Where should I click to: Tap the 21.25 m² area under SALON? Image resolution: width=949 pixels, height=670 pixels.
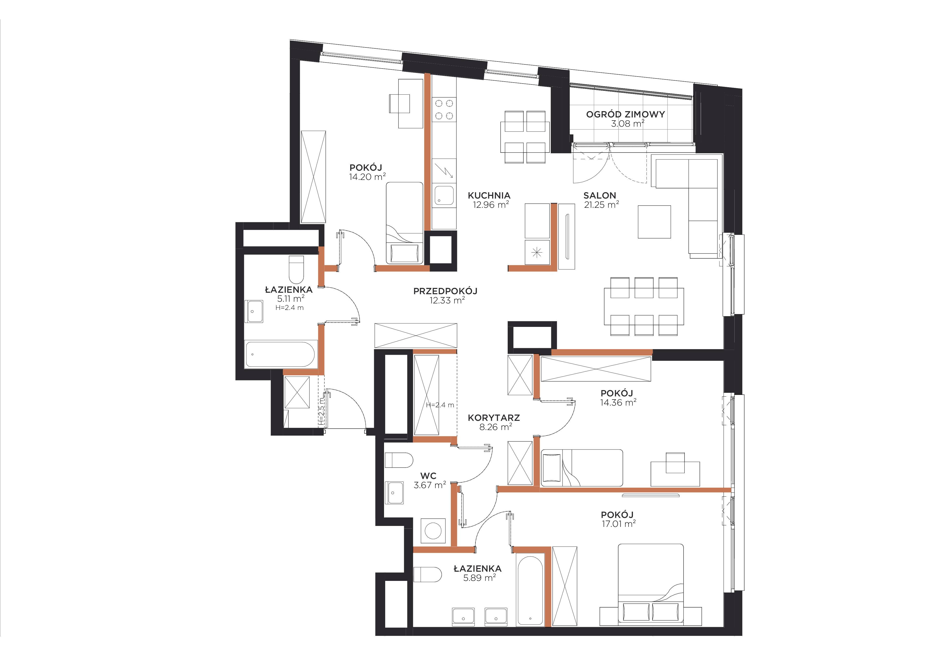(x=601, y=205)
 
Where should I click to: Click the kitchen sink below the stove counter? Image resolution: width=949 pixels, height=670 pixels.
(x=444, y=196)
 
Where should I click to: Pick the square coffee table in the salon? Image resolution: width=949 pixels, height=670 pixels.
(x=654, y=222)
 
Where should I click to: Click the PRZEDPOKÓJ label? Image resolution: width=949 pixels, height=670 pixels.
(x=445, y=291)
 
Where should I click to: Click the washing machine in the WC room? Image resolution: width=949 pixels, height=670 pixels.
(x=433, y=531)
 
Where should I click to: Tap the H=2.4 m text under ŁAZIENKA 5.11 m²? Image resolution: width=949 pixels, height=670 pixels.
(x=289, y=308)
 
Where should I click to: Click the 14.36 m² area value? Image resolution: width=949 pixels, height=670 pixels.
(x=618, y=402)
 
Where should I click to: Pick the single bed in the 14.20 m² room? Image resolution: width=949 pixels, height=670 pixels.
(x=405, y=223)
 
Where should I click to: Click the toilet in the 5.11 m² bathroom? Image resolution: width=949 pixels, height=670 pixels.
(x=296, y=269)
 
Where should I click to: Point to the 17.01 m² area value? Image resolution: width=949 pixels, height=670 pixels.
(x=619, y=524)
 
